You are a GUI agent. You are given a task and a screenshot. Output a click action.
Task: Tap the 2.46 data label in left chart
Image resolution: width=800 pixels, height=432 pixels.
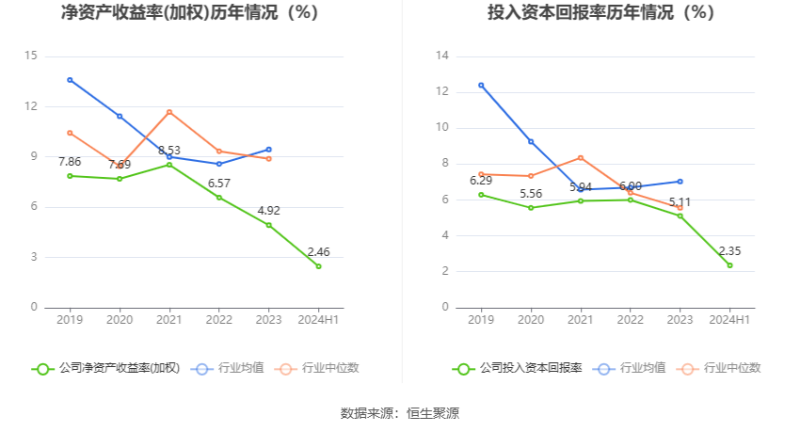click(x=318, y=252)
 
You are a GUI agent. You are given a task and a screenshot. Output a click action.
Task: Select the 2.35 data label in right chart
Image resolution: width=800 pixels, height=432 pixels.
click(x=729, y=251)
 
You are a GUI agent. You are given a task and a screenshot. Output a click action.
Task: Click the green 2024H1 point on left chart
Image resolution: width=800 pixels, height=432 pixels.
click(x=318, y=266)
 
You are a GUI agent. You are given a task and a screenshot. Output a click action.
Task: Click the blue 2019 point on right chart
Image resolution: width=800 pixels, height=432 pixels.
click(x=481, y=85)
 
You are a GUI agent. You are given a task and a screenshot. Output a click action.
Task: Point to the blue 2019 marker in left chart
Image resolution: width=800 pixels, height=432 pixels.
click(x=70, y=80)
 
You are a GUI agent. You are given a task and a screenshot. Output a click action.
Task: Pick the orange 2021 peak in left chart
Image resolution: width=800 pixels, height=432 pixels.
click(x=169, y=112)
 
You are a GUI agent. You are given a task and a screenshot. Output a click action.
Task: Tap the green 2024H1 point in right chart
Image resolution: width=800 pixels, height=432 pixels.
click(x=729, y=265)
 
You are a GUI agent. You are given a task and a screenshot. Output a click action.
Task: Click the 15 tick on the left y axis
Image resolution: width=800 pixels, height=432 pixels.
click(x=30, y=56)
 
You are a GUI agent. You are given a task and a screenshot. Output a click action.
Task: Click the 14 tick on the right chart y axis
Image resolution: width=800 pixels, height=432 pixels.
click(x=441, y=56)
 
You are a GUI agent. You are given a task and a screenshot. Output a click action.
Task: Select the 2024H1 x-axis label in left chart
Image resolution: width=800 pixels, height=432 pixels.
click(x=318, y=320)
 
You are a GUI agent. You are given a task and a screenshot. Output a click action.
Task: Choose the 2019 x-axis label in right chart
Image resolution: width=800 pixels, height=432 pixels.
click(x=481, y=320)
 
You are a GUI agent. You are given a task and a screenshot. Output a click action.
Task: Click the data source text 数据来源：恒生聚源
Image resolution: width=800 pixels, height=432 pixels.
click(x=400, y=413)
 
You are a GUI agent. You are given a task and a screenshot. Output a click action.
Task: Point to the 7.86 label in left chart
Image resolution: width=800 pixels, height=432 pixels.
click(x=70, y=162)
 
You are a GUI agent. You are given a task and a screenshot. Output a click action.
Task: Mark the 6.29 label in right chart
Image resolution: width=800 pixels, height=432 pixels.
click(x=481, y=181)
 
